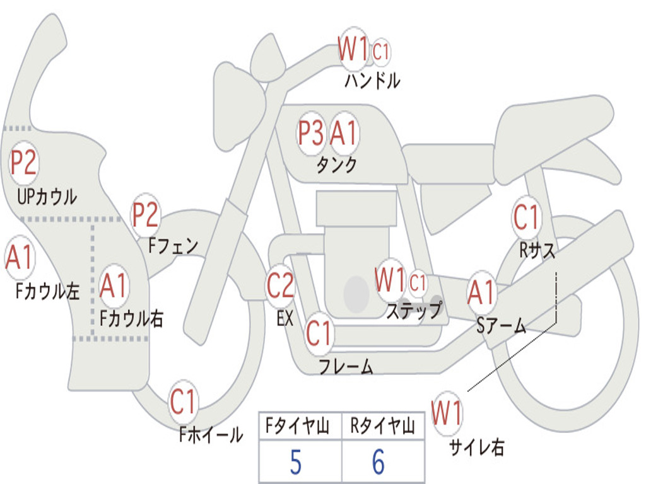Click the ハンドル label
[x=372, y=81]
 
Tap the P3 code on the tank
[x=311, y=133]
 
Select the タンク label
[x=336, y=165]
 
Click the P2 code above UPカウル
[x=24, y=163]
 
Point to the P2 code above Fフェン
[x=145, y=215]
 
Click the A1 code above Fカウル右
[x=114, y=285]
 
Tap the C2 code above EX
[x=280, y=285]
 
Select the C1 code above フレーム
[x=319, y=333]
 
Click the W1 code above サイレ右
[x=447, y=414]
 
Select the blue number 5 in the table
[x=296, y=463]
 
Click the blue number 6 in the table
[x=379, y=463]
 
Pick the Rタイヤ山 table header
[x=382, y=427]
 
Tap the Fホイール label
[x=211, y=434]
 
